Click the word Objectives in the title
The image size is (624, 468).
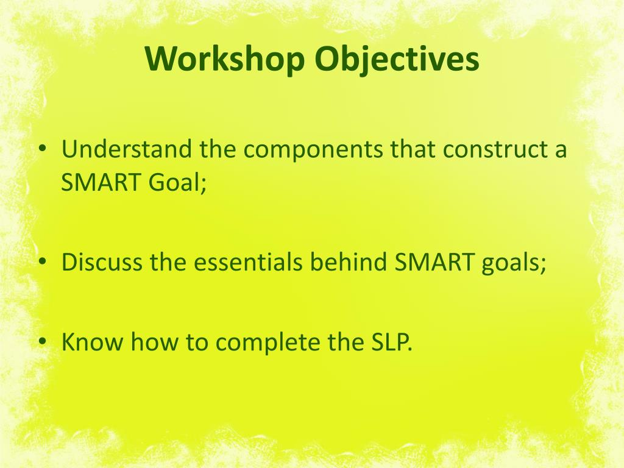pyautogui.click(x=397, y=59)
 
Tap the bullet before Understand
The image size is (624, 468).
pyautogui.click(x=41, y=150)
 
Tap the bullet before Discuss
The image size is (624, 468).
pyautogui.click(x=41, y=263)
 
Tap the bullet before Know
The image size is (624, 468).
pyautogui.click(x=41, y=342)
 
